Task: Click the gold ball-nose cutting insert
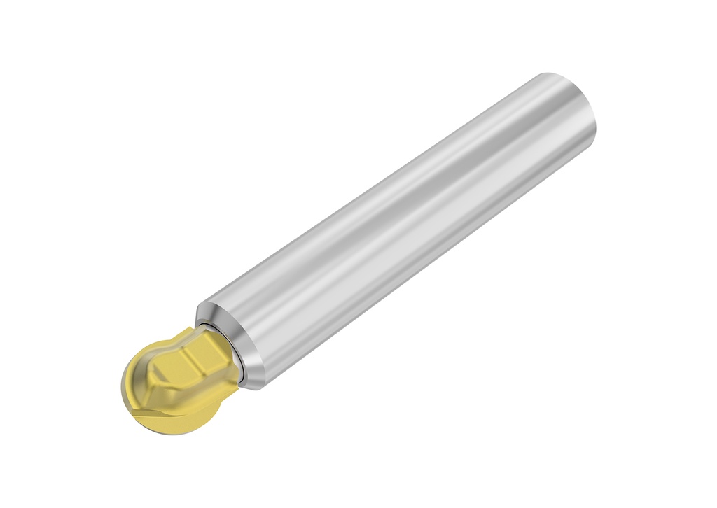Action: point(175,378)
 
